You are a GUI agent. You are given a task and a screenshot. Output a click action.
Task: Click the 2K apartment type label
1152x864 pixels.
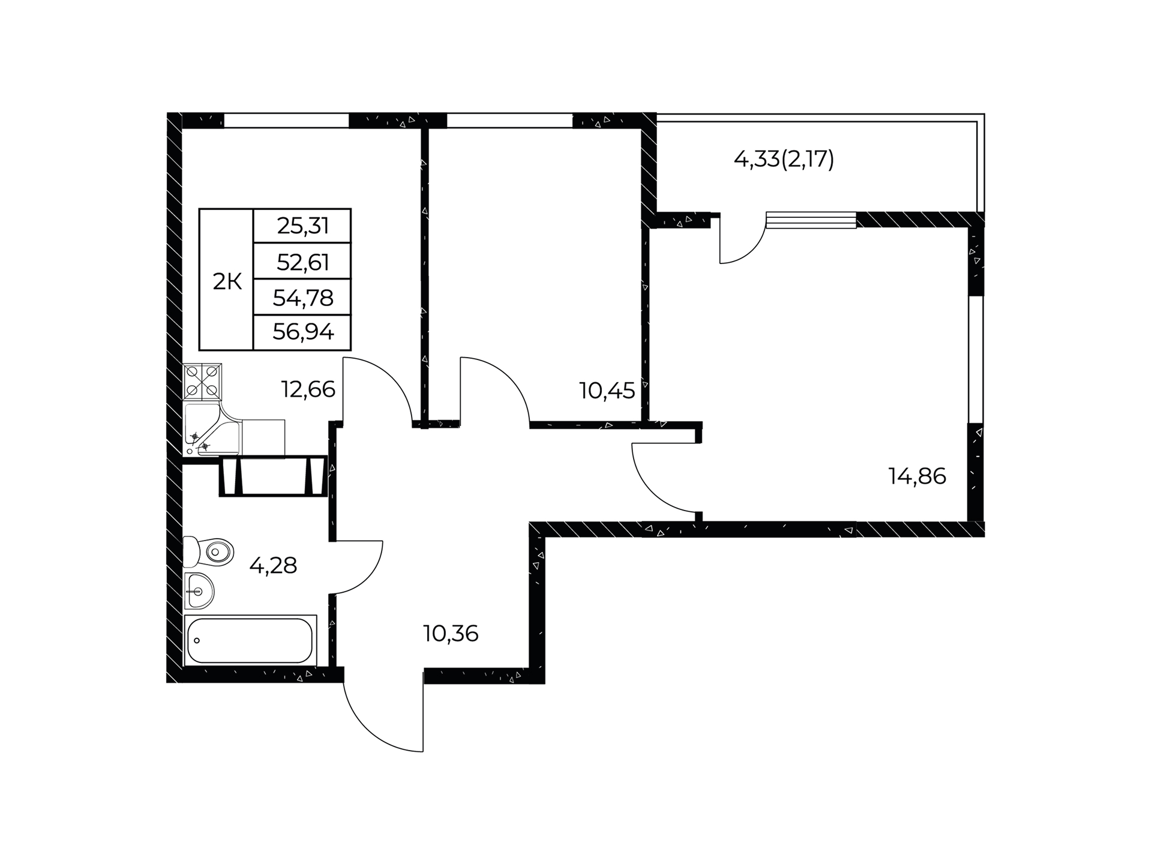pos(227,281)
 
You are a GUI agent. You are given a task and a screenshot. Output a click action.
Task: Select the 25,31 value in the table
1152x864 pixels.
pos(303,226)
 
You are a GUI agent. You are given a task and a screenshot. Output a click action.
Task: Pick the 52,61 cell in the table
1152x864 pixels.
pos(303,262)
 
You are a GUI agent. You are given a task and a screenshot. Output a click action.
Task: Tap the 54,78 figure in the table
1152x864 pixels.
pos(303,297)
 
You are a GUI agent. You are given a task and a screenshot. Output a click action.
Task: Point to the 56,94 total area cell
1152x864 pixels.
pos(303,331)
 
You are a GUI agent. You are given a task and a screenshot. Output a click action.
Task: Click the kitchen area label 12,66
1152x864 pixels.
pos(308,389)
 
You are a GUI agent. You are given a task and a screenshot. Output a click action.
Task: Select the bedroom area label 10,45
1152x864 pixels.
pos(607,391)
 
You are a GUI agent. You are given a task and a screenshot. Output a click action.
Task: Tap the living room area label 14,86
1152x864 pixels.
pos(917,476)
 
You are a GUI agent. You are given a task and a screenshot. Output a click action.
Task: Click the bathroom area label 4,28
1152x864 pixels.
pos(273,565)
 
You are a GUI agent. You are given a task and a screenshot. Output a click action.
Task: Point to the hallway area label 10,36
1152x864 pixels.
pos(451,634)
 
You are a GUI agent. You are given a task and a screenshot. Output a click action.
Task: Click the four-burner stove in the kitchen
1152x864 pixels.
pos(202,382)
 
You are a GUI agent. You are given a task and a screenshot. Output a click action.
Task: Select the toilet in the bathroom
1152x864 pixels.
pos(208,551)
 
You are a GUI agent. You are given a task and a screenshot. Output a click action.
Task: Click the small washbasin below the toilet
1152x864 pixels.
pos(199,590)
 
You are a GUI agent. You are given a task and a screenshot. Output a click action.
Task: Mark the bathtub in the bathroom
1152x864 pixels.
pos(250,640)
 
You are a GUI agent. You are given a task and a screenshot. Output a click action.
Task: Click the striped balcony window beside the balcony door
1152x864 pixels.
pos(811,220)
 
